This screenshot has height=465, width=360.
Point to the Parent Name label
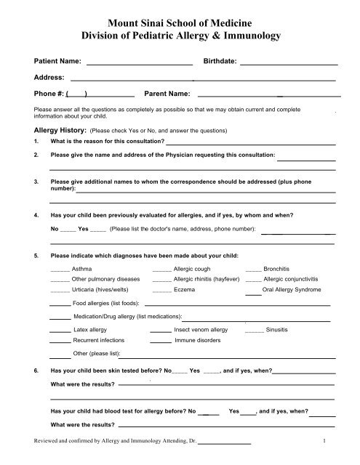tap(168, 94)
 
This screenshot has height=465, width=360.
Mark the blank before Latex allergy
tap(60, 331)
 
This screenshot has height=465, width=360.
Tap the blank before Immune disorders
tap(161, 341)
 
